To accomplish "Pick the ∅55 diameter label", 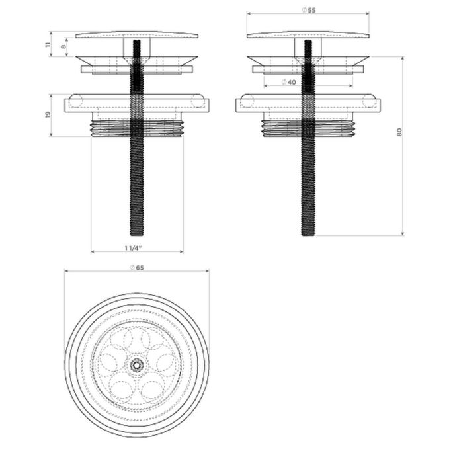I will pos(308,9).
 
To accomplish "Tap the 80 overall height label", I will pos(399,132).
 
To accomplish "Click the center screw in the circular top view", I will pos(137,364).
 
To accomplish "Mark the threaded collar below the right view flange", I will pos(308,125).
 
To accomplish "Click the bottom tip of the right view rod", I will pos(308,233).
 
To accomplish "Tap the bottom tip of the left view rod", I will pos(137,233).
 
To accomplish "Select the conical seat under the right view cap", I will pos(308,60).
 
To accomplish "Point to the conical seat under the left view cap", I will pos(137,60).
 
